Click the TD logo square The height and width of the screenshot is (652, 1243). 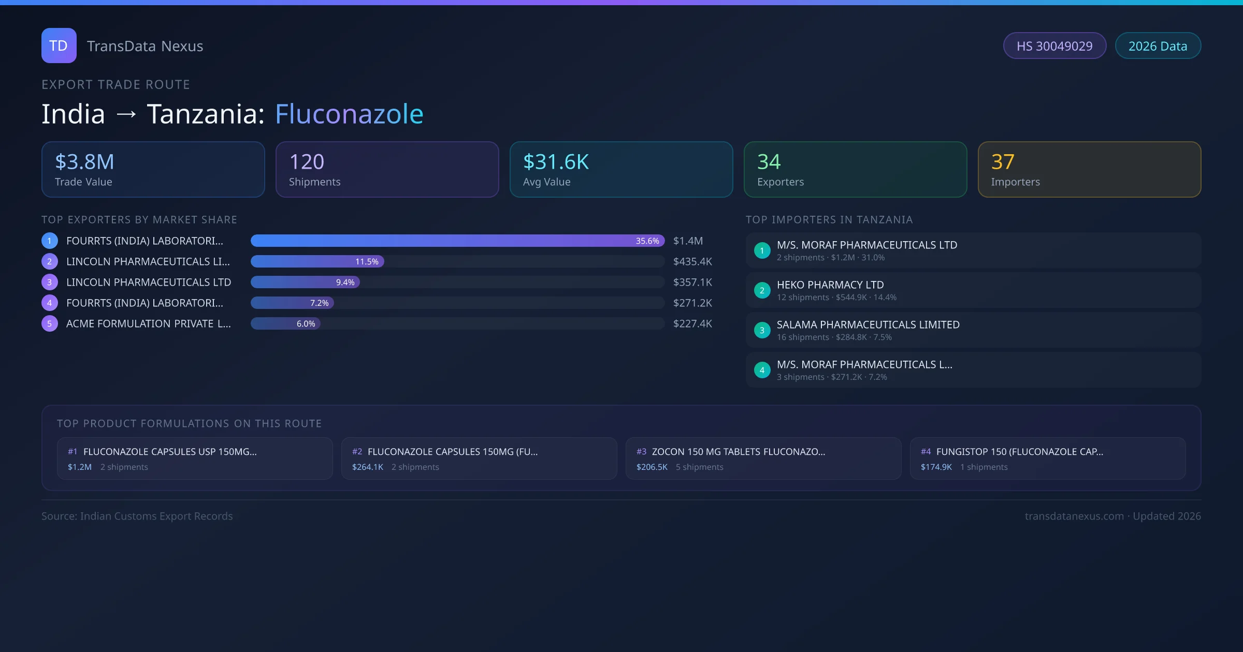tap(59, 46)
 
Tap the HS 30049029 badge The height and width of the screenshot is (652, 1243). tap(1054, 46)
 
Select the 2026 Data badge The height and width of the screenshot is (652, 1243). tap(1158, 46)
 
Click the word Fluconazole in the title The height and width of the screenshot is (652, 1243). tap(349, 114)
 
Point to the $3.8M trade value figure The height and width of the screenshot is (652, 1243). tap(84, 162)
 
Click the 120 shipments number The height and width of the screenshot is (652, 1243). tap(307, 162)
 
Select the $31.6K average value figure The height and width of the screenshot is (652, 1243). tap(556, 162)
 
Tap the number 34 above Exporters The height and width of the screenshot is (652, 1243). tap(769, 162)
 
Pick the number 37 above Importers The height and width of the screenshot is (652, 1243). tap(1003, 162)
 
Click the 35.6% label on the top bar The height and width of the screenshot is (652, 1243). tap(647, 241)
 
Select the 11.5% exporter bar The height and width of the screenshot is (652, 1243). tap(317, 262)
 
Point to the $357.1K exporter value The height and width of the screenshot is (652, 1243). tap(692, 283)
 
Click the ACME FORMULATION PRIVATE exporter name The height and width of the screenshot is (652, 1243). tap(148, 324)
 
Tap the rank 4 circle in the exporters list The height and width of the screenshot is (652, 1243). tap(50, 303)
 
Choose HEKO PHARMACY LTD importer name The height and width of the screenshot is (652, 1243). tap(830, 285)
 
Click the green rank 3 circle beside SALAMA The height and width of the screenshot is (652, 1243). tap(762, 331)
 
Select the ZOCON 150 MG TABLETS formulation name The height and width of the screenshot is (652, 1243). tap(738, 452)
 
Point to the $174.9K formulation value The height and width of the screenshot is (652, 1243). tap(936, 467)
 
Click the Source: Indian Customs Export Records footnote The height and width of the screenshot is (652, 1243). tap(137, 516)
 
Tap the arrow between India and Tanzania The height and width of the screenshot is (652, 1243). tap(126, 114)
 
